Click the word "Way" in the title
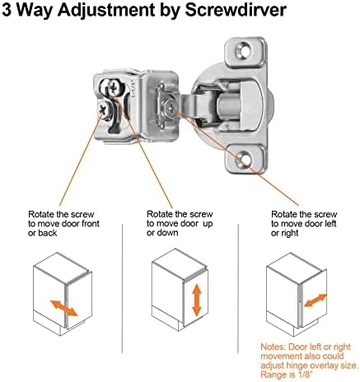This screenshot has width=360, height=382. (40, 12)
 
